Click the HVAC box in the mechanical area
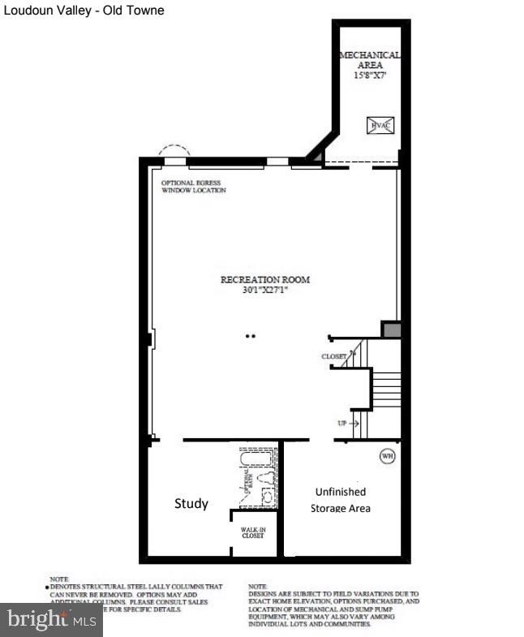pos(380,125)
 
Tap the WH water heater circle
pos(387,456)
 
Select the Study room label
pos(191,503)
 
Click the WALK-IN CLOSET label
pos(252,532)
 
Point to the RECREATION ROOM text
pos(265,279)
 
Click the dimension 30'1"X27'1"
pos(265,290)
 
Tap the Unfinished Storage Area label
pos(340,500)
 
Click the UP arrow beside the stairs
pos(348,424)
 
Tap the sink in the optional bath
pos(267,497)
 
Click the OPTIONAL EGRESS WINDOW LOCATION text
pos(194,187)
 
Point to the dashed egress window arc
pos(174,150)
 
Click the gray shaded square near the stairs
pos(391,329)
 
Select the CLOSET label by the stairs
pos(334,356)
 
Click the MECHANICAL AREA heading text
pos(369,59)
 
